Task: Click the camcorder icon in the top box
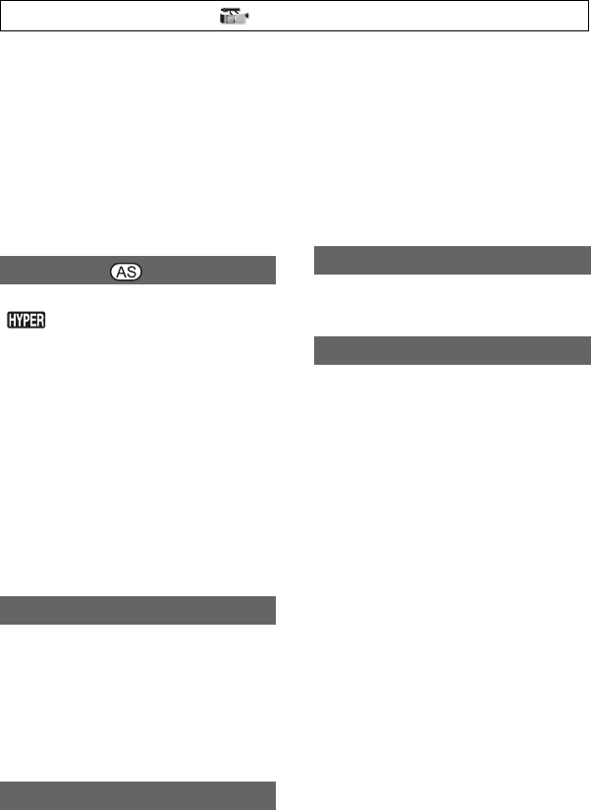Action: [234, 17]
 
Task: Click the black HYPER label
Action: [27, 321]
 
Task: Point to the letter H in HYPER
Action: [12, 321]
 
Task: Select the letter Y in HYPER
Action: [19, 321]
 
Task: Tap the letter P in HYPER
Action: [27, 321]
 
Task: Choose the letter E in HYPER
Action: [34, 321]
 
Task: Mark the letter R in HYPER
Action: [41, 321]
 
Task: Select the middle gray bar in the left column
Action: [137, 610]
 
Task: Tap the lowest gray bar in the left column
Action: [137, 794]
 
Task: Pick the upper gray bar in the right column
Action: [452, 261]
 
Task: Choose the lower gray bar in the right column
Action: [452, 350]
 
